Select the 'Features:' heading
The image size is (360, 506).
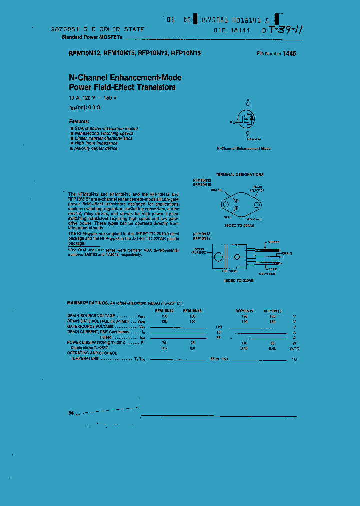click(79, 121)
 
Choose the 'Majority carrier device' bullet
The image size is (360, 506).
click(96, 148)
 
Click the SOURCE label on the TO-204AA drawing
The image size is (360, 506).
click(217, 190)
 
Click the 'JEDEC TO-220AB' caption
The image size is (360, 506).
click(238, 281)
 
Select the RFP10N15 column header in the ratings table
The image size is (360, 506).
click(272, 311)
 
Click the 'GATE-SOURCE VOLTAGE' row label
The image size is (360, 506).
click(90, 326)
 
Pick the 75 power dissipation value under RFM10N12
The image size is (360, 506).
click(164, 343)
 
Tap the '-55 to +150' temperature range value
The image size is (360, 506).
click(218, 359)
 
